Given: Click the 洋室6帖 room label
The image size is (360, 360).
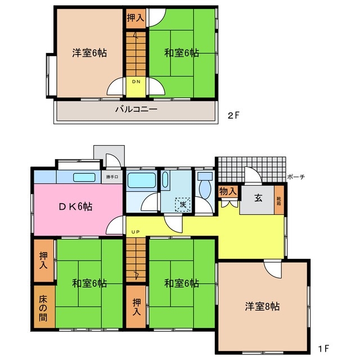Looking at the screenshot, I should pos(89,53).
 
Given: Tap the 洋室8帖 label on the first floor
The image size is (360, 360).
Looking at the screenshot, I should pos(262,307).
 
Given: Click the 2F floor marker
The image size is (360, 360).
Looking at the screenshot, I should pos(234,116).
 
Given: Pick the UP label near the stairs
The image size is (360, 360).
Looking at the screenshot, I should pos(135,232).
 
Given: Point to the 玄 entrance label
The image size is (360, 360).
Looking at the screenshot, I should pos(258,198).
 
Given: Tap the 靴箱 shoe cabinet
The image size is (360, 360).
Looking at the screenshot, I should pos(278,200).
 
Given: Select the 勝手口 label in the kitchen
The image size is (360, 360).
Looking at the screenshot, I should pos(112,178).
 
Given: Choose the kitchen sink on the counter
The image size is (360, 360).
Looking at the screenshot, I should pos(84,177).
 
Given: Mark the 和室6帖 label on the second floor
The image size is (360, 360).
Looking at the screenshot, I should pos(182,53).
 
